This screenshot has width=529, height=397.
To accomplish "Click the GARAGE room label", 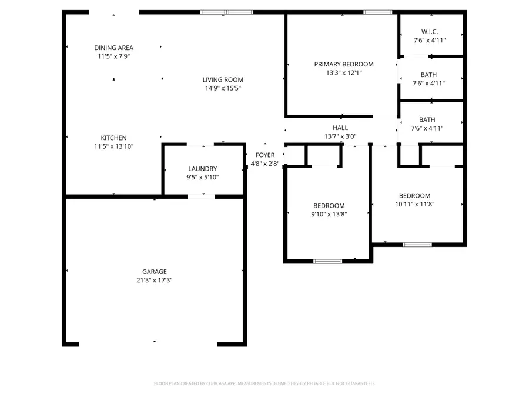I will (x=154, y=272).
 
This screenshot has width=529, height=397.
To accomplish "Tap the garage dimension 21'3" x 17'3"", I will (x=154, y=281).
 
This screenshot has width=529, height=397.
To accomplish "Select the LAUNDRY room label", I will (x=202, y=168).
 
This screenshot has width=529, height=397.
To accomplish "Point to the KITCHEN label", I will (x=113, y=138).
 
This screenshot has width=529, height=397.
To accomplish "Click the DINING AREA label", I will (x=113, y=48).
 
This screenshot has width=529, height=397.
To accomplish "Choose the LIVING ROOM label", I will (x=223, y=80).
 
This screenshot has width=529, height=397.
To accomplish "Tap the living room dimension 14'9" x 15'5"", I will (x=223, y=89).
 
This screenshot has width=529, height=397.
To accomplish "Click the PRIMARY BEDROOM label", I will (x=344, y=64).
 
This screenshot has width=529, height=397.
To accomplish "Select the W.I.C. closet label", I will (x=430, y=32).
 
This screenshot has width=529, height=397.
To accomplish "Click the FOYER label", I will (x=264, y=155).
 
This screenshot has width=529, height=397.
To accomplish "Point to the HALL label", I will (x=340, y=128).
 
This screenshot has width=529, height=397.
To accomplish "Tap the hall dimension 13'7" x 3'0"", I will (x=340, y=136).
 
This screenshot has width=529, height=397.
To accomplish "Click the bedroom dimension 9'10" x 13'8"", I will (x=329, y=215).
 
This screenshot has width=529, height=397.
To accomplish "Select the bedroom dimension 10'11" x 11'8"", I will (x=414, y=205).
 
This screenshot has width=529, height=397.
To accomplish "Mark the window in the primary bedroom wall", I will (x=377, y=12).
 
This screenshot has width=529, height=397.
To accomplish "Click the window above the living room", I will (x=227, y=12).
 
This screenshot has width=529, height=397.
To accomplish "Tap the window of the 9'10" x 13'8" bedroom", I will (x=327, y=261).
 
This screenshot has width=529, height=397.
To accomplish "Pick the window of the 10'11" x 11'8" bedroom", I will (x=417, y=245).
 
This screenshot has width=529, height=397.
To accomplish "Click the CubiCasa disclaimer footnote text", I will (x=264, y=383).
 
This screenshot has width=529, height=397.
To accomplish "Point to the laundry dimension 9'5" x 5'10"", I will (x=202, y=177).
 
